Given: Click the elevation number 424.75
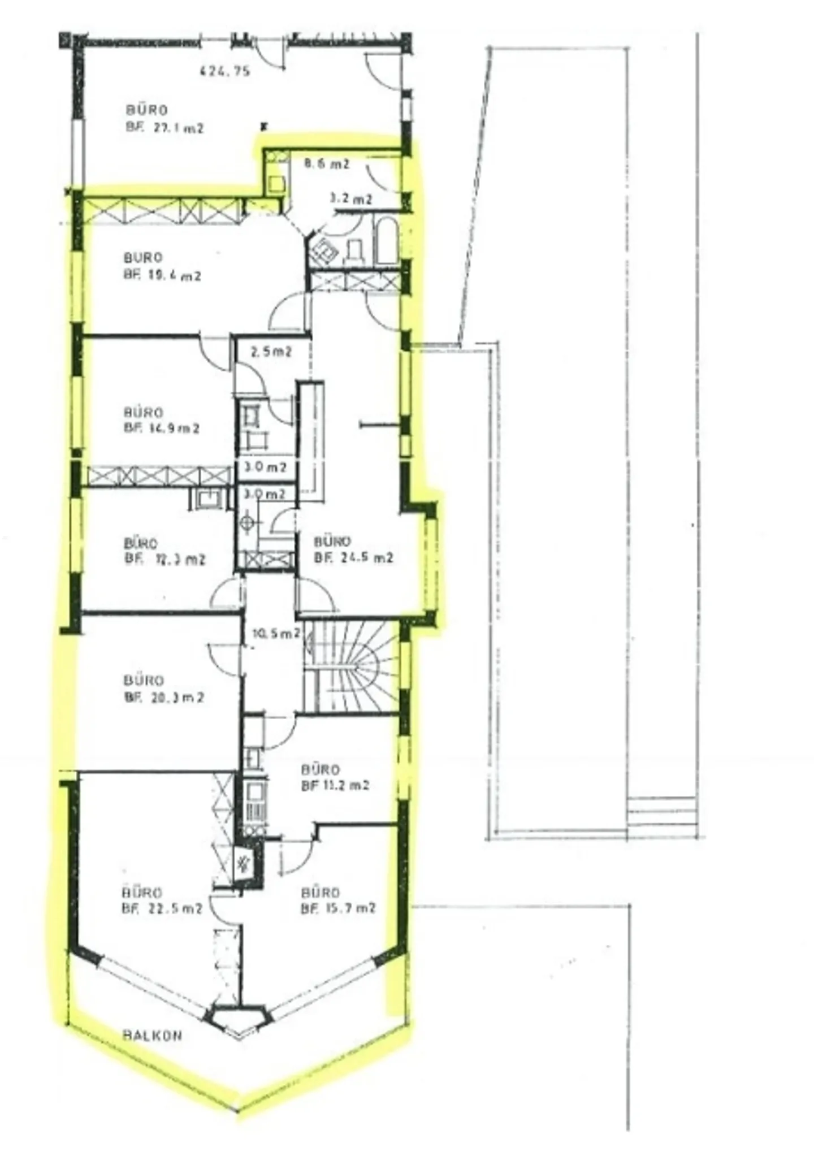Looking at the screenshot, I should [x=225, y=71].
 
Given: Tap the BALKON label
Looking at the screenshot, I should [x=153, y=1036].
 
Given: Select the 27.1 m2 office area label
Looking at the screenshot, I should [x=164, y=128].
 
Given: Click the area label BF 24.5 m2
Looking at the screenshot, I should [x=353, y=558].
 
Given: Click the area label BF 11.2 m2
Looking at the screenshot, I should [x=335, y=785].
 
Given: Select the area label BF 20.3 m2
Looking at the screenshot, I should [x=163, y=698].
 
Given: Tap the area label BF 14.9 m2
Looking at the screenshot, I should [x=162, y=428].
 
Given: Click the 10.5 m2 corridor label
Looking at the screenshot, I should [x=275, y=634].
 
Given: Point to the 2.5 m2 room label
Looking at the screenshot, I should [x=271, y=352].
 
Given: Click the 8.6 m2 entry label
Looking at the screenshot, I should [x=327, y=164].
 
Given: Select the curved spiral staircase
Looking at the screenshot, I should [x=353, y=667].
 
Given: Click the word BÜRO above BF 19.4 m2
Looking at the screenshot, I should [x=142, y=258].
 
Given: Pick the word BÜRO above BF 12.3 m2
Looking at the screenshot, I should [x=140, y=543].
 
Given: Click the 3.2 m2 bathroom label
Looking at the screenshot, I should [x=350, y=199].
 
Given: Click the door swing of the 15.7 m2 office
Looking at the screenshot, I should [x=296, y=855].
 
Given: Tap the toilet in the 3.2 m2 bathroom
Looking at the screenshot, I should [x=354, y=249].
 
